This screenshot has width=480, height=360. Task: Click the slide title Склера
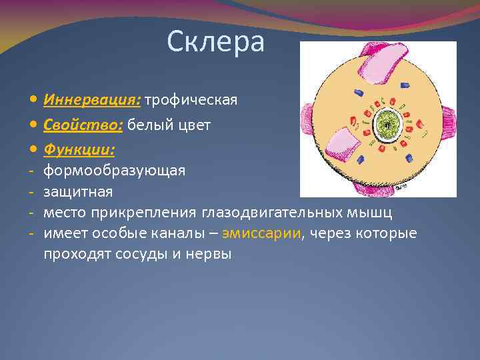[x=215, y=43]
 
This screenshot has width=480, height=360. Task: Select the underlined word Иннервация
[x=92, y=100]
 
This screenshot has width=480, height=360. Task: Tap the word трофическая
[x=191, y=100]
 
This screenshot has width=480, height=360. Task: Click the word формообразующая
[x=115, y=171]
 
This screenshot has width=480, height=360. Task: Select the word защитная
[x=78, y=192]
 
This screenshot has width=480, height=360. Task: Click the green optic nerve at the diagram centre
[x=385, y=124]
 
